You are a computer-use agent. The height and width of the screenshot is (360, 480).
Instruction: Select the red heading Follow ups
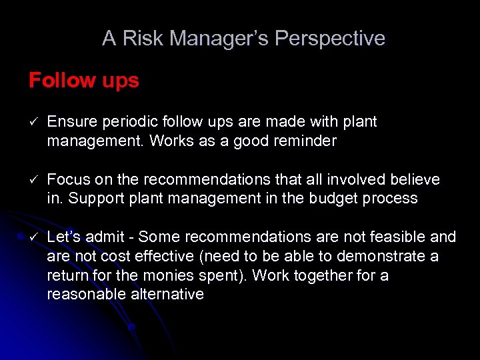84,81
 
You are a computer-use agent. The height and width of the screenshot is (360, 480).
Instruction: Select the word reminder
303,141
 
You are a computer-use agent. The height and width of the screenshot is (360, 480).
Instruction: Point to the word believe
414,179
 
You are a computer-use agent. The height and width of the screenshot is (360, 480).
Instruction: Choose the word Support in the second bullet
106,198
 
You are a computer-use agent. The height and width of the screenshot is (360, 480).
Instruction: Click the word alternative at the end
170,294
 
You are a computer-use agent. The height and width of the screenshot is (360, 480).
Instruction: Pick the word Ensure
71,122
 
